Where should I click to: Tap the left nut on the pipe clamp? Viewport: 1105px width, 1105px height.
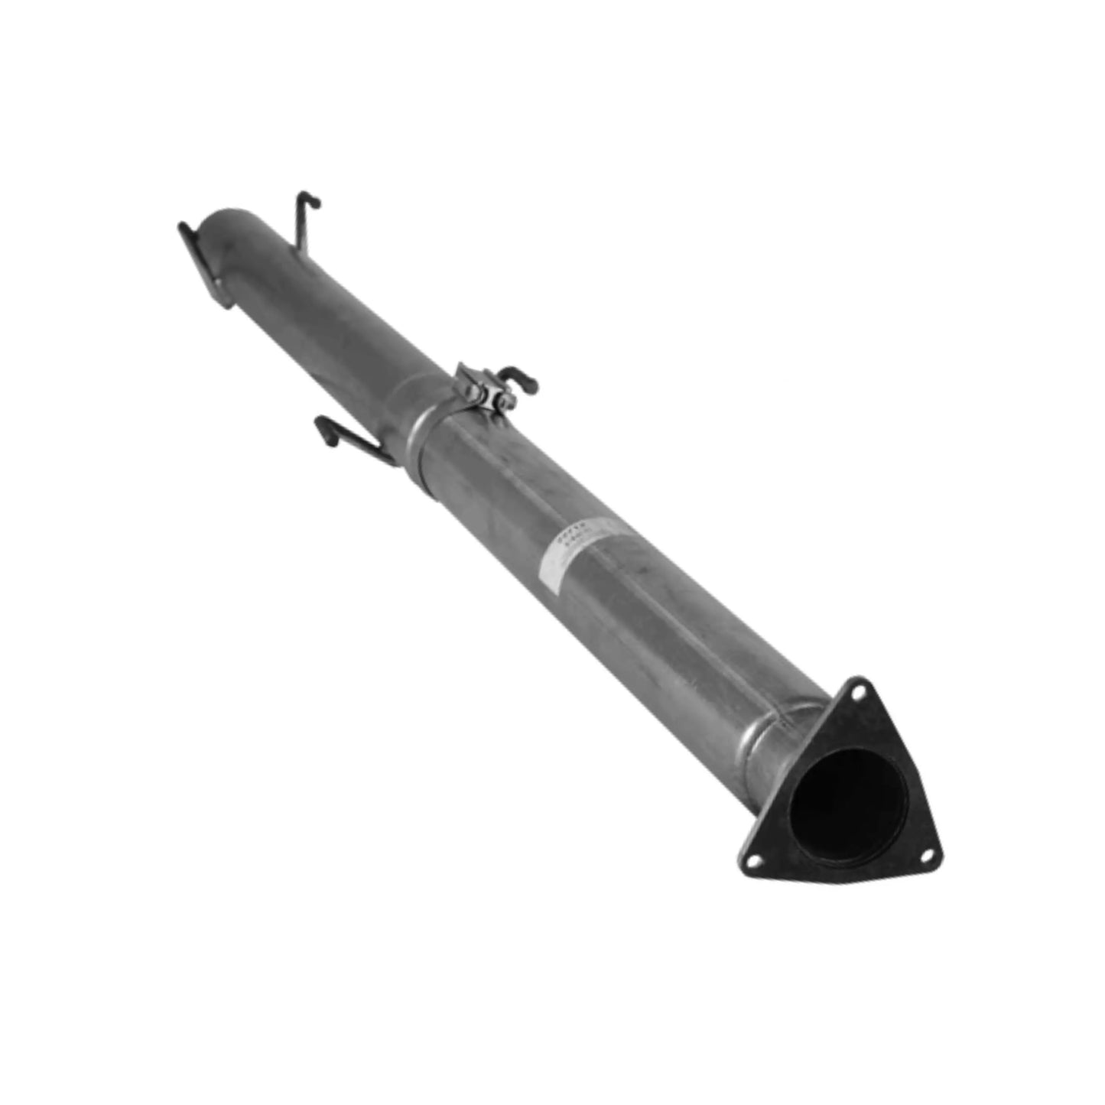475,394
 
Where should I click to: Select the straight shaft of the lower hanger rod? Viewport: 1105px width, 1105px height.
363,447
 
